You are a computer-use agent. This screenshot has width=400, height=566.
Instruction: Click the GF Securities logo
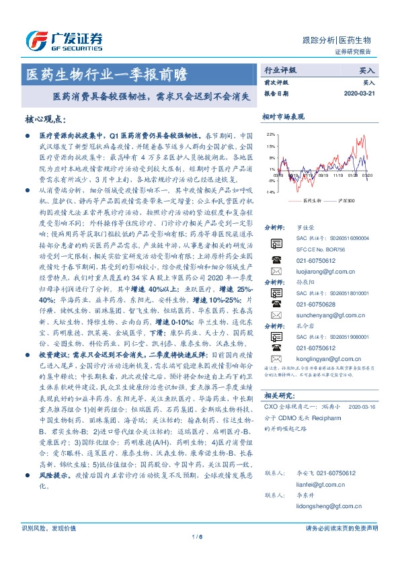tap(63, 40)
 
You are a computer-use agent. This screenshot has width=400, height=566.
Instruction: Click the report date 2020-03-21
tap(360, 93)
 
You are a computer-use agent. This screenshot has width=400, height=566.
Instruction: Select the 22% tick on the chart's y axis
tap(270, 134)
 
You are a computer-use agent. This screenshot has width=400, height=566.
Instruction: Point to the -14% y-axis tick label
tap(270, 192)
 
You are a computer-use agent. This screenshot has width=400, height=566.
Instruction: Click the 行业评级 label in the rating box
tap(280, 69)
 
